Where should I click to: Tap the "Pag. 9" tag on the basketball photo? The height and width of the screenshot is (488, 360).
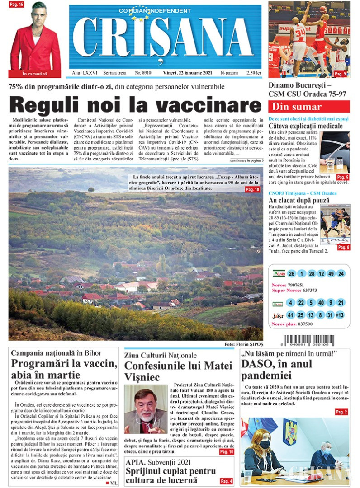341,74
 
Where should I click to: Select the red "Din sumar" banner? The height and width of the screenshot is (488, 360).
309,107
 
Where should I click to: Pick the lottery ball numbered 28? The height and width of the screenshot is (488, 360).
312,274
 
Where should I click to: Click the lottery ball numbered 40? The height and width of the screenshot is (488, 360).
321,303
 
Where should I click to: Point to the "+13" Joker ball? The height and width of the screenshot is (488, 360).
341,315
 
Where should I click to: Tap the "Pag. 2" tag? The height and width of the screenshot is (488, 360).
341,412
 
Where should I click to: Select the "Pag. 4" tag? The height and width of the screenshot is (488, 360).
227,481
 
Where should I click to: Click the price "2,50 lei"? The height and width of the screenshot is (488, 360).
252,73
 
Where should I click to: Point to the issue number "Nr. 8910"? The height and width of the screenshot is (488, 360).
143,73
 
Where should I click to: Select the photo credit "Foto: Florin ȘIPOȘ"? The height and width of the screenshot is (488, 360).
242,344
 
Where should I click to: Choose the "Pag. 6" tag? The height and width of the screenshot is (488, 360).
342,177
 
